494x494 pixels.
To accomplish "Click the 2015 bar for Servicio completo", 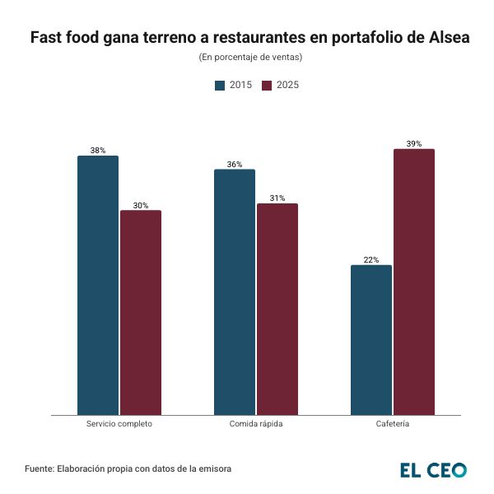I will point(98,285).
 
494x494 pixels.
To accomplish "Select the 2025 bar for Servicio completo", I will point(141,312).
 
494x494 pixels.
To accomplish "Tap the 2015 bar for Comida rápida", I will point(235,291).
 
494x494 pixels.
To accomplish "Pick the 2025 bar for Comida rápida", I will point(277,309).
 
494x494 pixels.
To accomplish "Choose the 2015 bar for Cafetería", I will point(371,339).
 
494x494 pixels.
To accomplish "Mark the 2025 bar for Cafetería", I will point(414,282).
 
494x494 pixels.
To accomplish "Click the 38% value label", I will point(98,151).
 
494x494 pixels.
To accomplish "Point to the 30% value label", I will point(141,205).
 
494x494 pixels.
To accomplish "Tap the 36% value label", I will point(235,165).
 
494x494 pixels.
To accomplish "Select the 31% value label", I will point(277,198).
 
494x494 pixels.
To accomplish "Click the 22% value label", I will point(371,260).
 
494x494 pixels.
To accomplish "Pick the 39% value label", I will point(414,144).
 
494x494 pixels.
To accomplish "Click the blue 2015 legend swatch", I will point(220,85).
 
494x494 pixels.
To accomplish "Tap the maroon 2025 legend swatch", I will point(267,85).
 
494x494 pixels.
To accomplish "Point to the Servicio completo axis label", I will point(119,424).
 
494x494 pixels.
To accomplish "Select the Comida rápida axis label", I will point(256,424).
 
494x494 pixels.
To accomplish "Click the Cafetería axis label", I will point(393,424).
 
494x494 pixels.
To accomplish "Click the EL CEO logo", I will point(433,470).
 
